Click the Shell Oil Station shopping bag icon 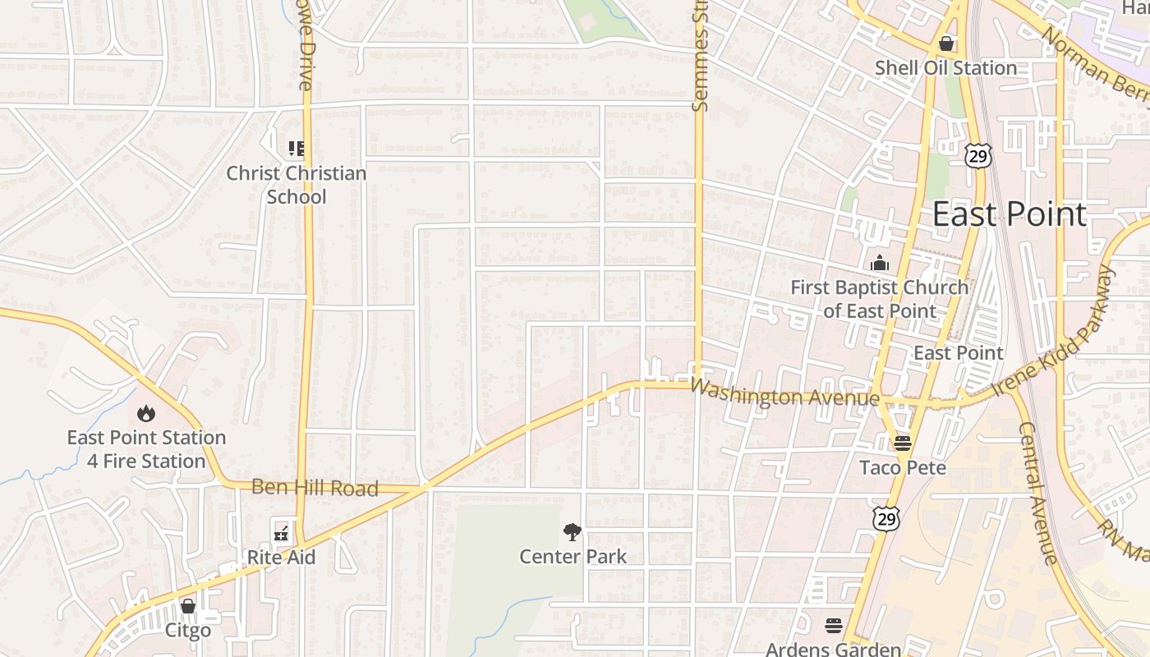(946, 44)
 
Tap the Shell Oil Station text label (945, 68)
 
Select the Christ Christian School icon (297, 149)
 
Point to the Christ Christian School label (297, 185)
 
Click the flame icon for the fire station (146, 413)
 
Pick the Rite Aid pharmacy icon (281, 533)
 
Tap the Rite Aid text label (281, 558)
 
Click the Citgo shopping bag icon (188, 606)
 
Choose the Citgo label (188, 631)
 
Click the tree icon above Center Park (573, 532)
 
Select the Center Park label (573, 557)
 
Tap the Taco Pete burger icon (903, 443)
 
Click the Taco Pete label (903, 468)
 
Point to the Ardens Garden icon (834, 626)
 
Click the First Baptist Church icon (880, 264)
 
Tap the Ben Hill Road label (315, 488)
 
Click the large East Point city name (1010, 214)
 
